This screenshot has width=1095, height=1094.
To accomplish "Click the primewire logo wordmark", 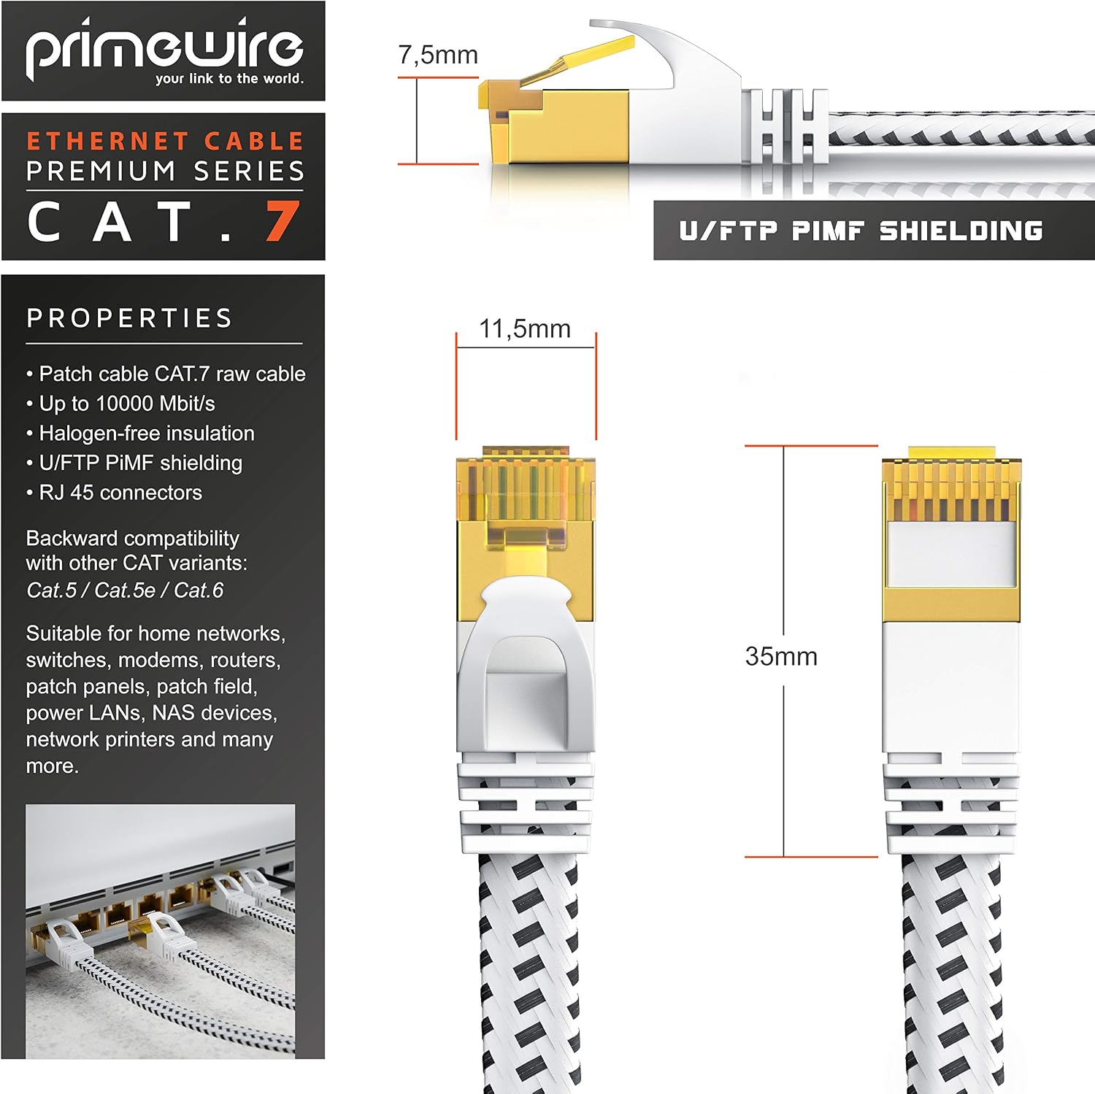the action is point(165,48).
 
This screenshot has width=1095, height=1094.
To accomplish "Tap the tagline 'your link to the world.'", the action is point(229,79).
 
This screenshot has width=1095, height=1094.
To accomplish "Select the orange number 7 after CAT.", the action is point(283,221).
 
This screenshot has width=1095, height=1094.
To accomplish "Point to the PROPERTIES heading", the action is point(130,318).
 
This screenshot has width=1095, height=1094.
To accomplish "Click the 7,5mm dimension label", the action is point(438,54).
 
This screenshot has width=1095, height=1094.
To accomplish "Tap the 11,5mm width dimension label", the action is point(525,328).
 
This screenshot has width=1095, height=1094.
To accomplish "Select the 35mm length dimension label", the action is point(781,656).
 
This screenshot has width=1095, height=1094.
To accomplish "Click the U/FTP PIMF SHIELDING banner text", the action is point(861,231).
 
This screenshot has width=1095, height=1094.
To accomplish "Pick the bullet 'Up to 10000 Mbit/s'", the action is point(120,404).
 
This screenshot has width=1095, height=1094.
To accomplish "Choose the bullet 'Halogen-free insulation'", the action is point(140,434).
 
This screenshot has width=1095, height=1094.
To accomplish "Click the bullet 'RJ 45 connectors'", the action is point(114,493).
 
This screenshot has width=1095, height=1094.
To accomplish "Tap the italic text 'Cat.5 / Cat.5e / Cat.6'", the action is point(125,590).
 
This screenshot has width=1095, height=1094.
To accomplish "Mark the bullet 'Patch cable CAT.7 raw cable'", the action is point(166,374).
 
